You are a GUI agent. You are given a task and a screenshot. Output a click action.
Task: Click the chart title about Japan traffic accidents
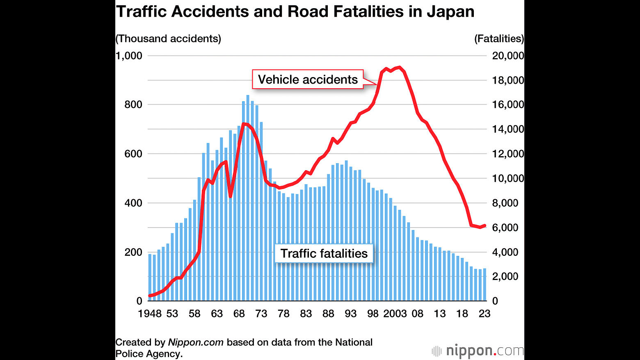[295, 12]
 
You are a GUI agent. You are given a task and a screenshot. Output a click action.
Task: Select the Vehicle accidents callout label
[308, 79]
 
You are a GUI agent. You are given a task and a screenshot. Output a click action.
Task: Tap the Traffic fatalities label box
[324, 253]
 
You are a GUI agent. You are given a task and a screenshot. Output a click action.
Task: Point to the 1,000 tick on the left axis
[129, 55]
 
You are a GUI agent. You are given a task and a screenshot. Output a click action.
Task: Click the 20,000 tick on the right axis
[508, 55]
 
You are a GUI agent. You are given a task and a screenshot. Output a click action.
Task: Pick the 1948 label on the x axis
[150, 314]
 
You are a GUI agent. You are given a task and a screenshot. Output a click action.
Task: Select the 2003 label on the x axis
[395, 314]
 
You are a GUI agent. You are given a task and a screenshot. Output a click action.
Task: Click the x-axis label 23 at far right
[485, 314]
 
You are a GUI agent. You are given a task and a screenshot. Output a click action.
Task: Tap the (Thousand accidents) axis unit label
[168, 39]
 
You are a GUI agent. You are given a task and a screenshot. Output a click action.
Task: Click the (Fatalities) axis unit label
[499, 39]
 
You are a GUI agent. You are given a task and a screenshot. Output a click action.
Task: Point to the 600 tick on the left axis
[133, 154]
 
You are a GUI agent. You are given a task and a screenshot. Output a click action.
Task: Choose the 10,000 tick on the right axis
[508, 178]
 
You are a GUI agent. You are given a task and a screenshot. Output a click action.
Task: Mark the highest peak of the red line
[399, 68]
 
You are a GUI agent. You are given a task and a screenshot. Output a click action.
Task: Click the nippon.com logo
[478, 351]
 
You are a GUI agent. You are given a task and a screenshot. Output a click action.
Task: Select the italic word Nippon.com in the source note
[196, 342]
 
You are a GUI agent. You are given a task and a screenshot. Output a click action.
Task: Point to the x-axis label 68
[239, 314]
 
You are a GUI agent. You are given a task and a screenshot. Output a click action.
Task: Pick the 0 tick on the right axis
[495, 301]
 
